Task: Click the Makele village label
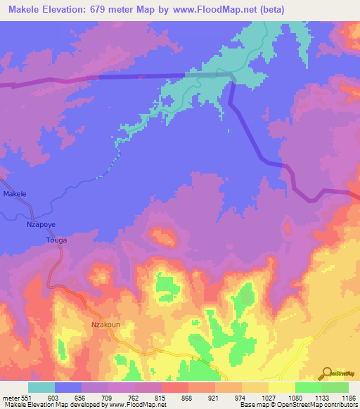click(15, 193)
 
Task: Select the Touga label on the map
click(56, 240)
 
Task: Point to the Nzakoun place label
click(105, 325)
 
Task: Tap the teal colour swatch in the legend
click(41, 387)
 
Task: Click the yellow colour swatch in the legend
click(281, 387)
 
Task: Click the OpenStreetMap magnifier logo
click(327, 372)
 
